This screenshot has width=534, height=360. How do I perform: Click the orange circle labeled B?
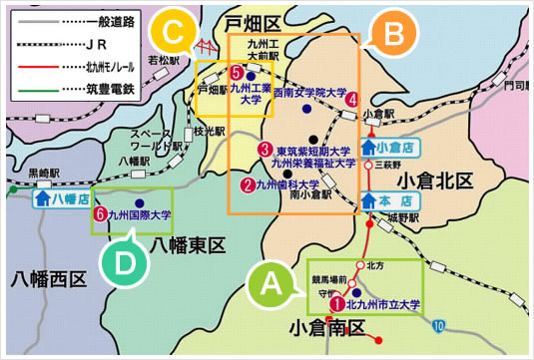click(x=393, y=35)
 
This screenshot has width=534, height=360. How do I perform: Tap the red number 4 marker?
click(x=351, y=99)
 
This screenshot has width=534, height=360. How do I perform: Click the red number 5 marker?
click(x=236, y=73)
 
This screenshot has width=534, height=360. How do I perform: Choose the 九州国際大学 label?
click(x=141, y=214)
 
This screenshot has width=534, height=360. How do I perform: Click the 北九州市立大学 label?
click(x=383, y=305)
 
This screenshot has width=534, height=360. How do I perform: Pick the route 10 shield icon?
click(x=440, y=325)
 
